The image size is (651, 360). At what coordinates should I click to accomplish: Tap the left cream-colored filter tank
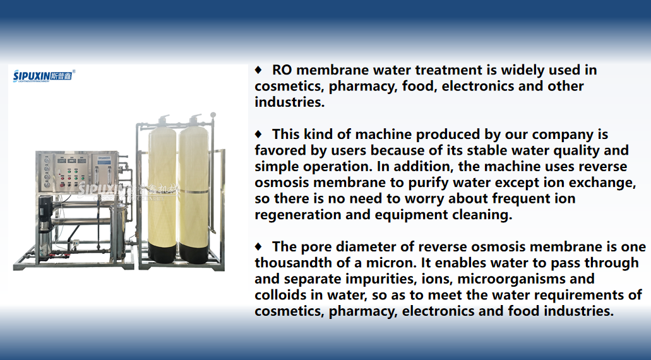click(162, 190)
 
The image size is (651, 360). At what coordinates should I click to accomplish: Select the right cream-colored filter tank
click(193, 191)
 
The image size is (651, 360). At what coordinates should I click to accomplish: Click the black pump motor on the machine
click(45, 212)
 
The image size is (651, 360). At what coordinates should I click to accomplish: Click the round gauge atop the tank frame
click(213, 114)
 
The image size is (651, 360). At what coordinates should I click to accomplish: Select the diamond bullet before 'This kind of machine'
click(258, 134)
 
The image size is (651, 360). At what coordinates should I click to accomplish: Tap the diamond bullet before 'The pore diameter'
click(258, 246)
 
